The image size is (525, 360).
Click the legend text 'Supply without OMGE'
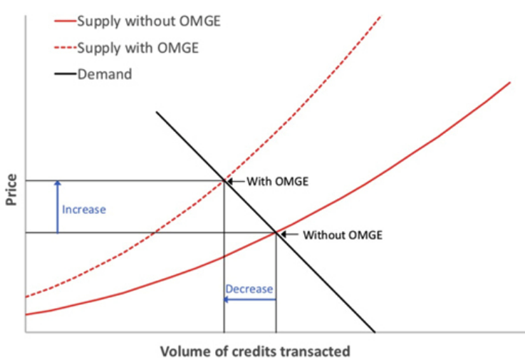point(149,21)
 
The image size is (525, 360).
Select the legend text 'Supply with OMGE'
point(138,48)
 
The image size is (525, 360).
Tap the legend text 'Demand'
point(105,74)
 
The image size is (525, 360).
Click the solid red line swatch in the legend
point(66,21)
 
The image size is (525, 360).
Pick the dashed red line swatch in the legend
point(66,48)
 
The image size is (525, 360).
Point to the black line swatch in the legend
point(66,74)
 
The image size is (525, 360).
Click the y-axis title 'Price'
point(11,190)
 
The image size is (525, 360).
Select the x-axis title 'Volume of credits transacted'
point(255,351)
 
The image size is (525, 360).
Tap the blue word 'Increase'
point(84,210)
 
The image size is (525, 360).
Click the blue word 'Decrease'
point(249,289)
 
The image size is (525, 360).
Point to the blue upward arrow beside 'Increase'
point(58,207)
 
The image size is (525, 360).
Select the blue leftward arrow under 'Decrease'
point(250,299)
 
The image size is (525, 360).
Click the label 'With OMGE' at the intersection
point(277,181)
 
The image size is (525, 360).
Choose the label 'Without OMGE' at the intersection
point(343,235)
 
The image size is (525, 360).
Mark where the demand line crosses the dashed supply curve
point(224,181)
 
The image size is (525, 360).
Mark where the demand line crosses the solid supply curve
point(276,232)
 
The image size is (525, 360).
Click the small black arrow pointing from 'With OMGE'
point(236,181)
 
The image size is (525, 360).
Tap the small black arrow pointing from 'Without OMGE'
point(289,235)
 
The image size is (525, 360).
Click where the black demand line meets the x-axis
point(375,332)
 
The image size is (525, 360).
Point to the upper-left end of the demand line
point(157,112)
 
